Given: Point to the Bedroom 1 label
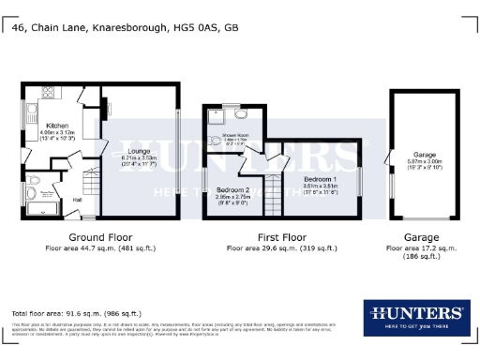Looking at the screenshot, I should coord(321,178).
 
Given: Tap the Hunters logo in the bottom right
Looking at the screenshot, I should coord(413,317).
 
